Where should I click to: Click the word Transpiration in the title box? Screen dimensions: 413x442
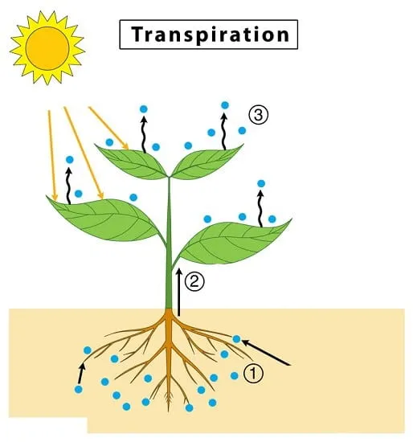pyautogui.click(x=211, y=35)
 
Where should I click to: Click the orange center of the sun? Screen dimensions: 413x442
pyautogui.click(x=47, y=48)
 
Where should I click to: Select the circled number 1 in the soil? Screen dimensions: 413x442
pyautogui.click(x=253, y=374)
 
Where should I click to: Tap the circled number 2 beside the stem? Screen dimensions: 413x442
pyautogui.click(x=194, y=281)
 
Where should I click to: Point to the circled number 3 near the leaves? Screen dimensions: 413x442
pyautogui.click(x=259, y=115)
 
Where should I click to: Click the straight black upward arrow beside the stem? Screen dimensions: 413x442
pyautogui.click(x=178, y=292)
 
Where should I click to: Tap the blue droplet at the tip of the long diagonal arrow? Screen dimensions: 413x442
pyautogui.click(x=236, y=339)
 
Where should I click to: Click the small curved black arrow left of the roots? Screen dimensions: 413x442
pyautogui.click(x=81, y=373)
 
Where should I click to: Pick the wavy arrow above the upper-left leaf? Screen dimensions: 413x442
pyautogui.click(x=144, y=133)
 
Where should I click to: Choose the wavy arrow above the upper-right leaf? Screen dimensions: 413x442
pyautogui.click(x=224, y=131)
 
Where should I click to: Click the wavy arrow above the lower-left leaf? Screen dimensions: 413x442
pyautogui.click(x=68, y=186)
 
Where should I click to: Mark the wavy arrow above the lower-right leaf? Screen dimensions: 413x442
pyautogui.click(x=261, y=209)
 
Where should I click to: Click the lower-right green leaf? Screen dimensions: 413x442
pyautogui.click(x=234, y=242)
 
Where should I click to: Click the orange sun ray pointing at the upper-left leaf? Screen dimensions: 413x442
pyautogui.click(x=108, y=128)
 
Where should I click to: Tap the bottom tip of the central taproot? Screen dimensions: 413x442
pyautogui.click(x=169, y=411)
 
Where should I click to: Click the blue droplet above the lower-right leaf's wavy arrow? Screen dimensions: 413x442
pyautogui.click(x=261, y=184)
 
